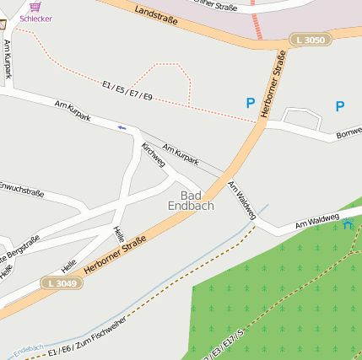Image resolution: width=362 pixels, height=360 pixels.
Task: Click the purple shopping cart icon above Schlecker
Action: pyautogui.click(x=35, y=6)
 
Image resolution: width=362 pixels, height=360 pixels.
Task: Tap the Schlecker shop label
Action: pyautogui.click(x=35, y=18)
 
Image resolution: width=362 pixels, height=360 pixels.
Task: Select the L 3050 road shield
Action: pyautogui.click(x=309, y=40)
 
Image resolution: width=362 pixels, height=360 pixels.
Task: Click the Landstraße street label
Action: pyautogui.click(x=156, y=14)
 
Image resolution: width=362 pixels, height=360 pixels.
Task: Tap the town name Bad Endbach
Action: pyautogui.click(x=191, y=200)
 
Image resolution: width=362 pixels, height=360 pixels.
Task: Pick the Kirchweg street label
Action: pyautogui.click(x=154, y=154)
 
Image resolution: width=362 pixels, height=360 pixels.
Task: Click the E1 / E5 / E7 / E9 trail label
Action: pyautogui.click(x=127, y=91)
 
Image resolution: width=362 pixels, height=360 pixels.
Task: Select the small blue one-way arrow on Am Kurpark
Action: pyautogui.click(x=122, y=127)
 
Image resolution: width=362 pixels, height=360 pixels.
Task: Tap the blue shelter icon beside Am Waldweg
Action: pyautogui.click(x=348, y=223)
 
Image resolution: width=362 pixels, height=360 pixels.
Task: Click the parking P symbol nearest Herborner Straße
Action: pyautogui.click(x=250, y=103)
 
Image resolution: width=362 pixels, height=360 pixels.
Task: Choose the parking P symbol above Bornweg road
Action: pyautogui.click(x=340, y=106)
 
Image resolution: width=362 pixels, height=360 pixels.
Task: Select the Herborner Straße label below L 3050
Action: pyautogui.click(x=273, y=84)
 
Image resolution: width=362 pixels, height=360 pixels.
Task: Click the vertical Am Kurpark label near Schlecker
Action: pyautogui.click(x=8, y=59)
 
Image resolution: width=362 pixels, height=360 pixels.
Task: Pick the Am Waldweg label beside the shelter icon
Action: pyautogui.click(x=316, y=223)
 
